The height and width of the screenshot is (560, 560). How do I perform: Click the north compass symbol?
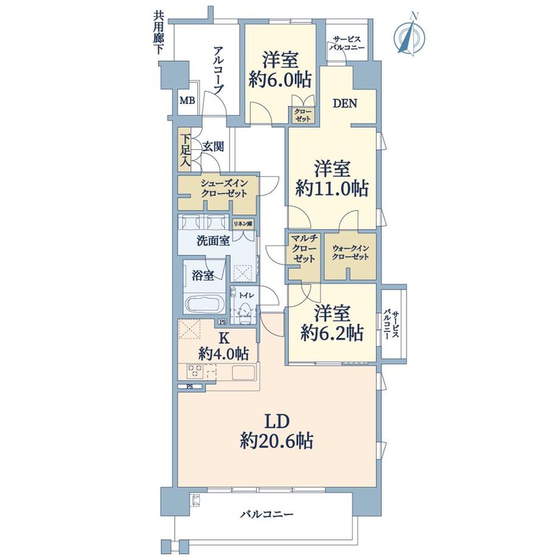coord(409,35)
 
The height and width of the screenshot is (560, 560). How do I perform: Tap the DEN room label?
coord(345,103)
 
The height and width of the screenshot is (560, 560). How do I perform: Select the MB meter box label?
coord(187,101)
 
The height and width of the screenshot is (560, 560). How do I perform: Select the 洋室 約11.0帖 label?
coord(332,179)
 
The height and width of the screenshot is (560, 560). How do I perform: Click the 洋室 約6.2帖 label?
coord(332,323)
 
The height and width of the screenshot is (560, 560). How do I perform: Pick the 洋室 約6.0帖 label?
coord(281,69)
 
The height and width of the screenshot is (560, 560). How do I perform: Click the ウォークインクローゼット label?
coord(351,253)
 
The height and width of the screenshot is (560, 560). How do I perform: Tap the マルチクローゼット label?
coord(303,248)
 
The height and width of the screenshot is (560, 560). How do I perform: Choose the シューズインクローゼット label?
coord(223,189)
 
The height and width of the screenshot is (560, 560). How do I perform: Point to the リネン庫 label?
coord(243,224)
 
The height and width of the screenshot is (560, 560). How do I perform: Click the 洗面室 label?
coord(213,240)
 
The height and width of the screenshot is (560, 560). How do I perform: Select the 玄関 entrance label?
coord(213,147)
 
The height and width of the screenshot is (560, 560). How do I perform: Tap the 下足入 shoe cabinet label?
coord(184,149)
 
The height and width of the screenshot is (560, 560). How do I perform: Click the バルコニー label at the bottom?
coord(267,514)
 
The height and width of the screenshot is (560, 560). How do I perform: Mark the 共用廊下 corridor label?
coord(158,33)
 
